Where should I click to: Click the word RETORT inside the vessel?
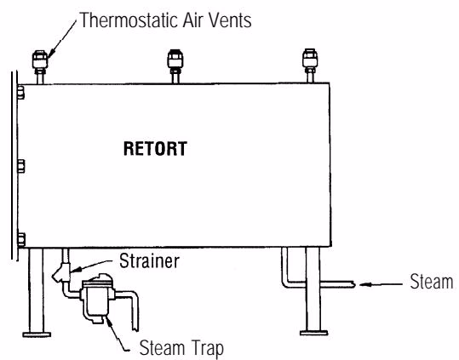pos(155,149)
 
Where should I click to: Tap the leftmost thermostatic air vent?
pos(40,62)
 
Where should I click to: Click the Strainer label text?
pos(149,261)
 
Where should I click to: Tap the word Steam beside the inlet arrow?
pos(432,282)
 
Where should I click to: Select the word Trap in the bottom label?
pos(204,348)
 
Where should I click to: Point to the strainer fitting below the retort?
pos(62,273)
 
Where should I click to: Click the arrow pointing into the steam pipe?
pos(381,284)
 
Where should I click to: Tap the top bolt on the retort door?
pos(20,92)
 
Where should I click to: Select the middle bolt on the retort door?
pos(20,166)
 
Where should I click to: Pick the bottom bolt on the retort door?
pos(20,240)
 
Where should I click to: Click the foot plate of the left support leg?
pos(37,334)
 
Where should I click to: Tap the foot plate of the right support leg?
pos(313,333)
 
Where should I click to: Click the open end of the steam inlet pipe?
pos(354,284)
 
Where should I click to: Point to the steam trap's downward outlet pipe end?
pos(135,329)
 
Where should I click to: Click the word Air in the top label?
pos(193,20)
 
